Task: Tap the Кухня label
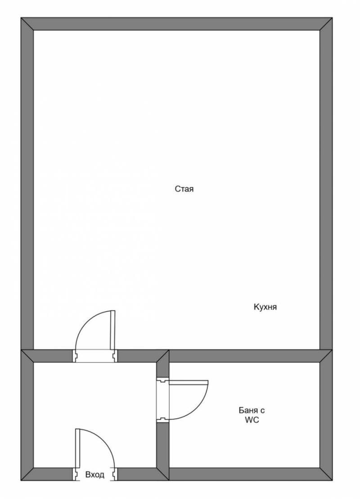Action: tap(265, 307)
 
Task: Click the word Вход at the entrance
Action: tap(94, 475)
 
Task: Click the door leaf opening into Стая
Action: tap(113, 330)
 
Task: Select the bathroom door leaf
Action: tap(189, 382)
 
